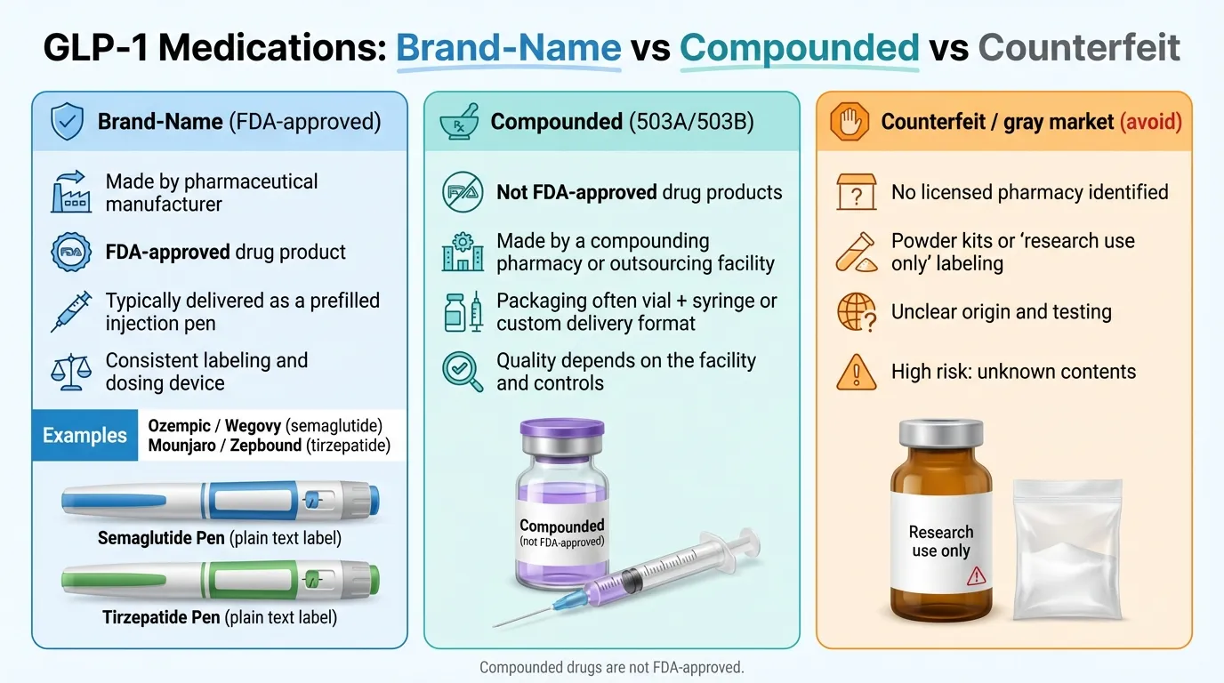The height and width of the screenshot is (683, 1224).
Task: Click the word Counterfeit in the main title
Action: click(x=1079, y=46)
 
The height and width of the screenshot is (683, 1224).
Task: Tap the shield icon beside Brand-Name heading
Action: click(x=67, y=120)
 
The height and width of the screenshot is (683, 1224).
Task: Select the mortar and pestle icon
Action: click(x=460, y=121)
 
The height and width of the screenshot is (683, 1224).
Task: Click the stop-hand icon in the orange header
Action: click(x=850, y=120)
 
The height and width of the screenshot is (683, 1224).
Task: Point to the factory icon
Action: click(x=71, y=192)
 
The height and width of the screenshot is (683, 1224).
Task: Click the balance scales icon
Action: click(x=71, y=372)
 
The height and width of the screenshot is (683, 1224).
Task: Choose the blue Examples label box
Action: click(x=85, y=436)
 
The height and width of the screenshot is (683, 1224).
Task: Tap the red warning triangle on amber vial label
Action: click(x=976, y=576)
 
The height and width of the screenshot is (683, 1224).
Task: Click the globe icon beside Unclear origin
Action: click(x=856, y=312)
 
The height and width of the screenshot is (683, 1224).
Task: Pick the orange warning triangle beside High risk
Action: click(x=856, y=372)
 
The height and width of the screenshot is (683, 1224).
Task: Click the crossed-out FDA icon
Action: click(x=463, y=192)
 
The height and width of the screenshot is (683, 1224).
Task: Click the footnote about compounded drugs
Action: click(x=611, y=667)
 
